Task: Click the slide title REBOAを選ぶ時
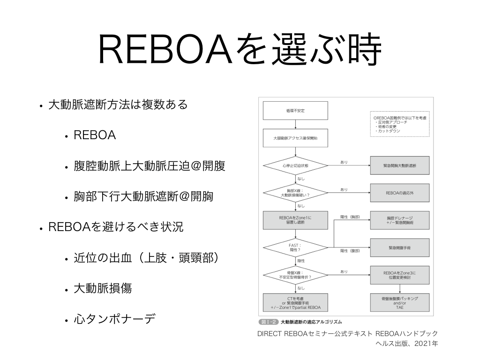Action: pos(240,50)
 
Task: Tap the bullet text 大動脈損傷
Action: pos(102,288)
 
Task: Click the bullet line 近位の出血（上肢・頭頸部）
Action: pos(146,258)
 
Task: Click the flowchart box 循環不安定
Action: pos(295,111)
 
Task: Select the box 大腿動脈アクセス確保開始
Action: pos(295,139)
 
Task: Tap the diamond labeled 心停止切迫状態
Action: pos(295,166)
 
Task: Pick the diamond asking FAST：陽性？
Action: pos(295,247)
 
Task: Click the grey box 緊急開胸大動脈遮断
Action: pos(399,166)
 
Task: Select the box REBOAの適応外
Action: pos(399,192)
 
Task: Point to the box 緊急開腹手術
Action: pos(399,247)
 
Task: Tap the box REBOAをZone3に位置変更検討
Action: pos(399,275)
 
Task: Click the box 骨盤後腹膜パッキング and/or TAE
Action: pos(399,303)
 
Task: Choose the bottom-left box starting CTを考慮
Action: pos(295,303)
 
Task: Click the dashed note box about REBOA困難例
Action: pos(399,124)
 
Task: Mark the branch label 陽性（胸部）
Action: pos(350,217)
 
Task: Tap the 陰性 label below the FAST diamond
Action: pos(301,260)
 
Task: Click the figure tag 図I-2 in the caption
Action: pos(268,322)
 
